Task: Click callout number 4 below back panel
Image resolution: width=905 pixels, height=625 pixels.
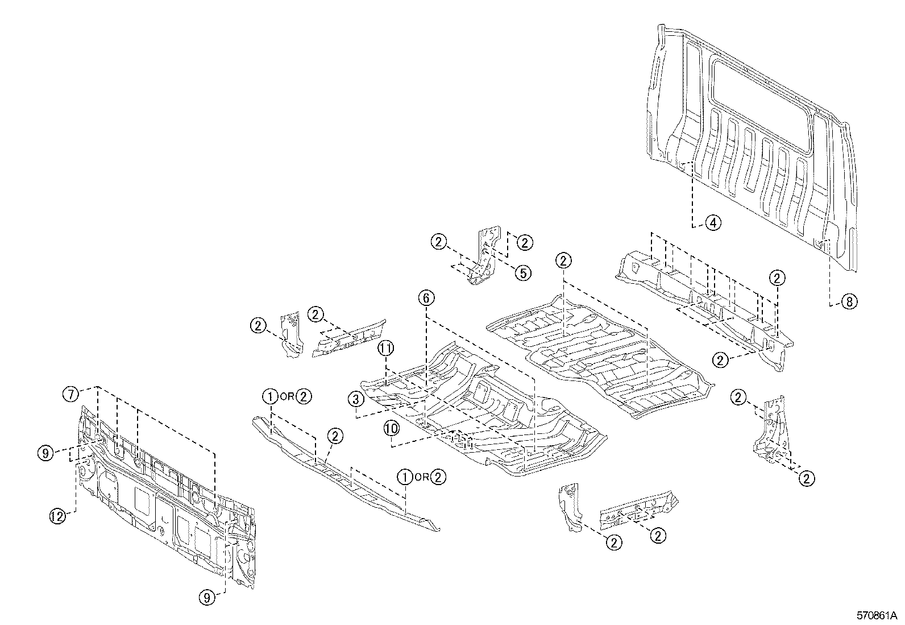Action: pos(713,222)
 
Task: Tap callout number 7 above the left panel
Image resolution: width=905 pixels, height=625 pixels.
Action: pos(69,393)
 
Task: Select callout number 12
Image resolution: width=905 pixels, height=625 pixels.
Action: pos(57,516)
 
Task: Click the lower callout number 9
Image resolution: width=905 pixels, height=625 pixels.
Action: pos(207,597)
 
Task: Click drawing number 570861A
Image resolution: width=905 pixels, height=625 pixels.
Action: pos(876,615)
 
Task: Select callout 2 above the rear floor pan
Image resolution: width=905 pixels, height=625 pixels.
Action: pos(563,261)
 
